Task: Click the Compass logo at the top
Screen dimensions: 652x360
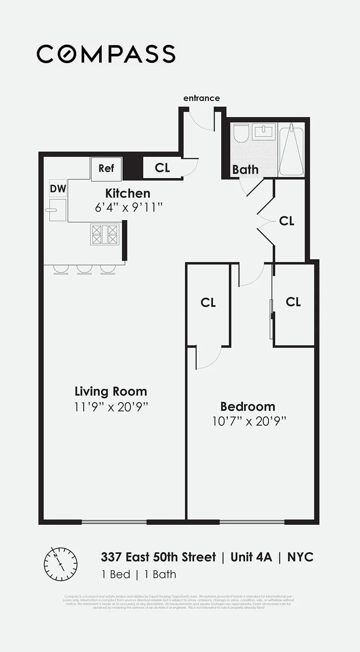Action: coord(106,54)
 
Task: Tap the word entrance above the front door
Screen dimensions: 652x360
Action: coord(201,98)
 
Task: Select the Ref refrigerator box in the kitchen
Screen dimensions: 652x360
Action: coord(106,168)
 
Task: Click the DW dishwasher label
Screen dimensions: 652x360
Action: coord(58,188)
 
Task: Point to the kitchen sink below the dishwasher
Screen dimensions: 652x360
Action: coord(57,210)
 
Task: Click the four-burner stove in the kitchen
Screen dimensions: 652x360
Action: coord(105,235)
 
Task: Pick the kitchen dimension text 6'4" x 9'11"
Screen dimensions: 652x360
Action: coord(129,207)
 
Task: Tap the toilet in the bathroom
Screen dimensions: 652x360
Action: coord(241,133)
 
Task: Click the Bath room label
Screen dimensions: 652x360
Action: coord(245,170)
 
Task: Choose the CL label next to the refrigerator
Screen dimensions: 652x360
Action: coord(162,167)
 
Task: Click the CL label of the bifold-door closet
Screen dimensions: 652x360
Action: coord(287,221)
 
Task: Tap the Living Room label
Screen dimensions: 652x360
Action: coord(111,391)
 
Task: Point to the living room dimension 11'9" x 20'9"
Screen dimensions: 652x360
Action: coord(111,407)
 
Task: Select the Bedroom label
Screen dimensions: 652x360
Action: coord(248,406)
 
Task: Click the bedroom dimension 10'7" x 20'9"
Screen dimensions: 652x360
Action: coord(249,421)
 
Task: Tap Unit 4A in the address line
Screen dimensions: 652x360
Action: coord(251,557)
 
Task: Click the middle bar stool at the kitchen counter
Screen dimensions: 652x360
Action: coord(84,269)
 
